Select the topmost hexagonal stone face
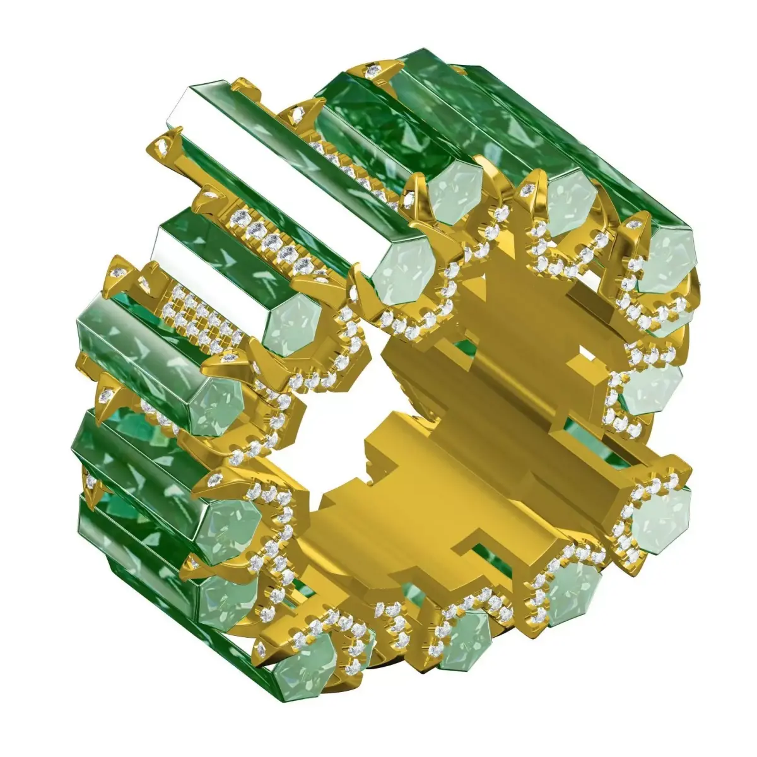[x=455, y=183]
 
